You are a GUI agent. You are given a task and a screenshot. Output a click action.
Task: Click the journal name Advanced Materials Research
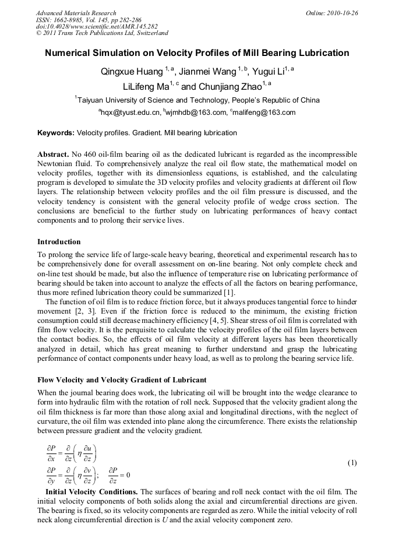(x=76, y=13)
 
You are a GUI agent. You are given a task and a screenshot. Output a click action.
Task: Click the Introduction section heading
(x=59, y=241)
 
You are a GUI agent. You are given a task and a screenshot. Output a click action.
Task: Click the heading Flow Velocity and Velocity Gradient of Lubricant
(x=122, y=380)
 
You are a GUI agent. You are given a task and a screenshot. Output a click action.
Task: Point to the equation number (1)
(x=352, y=463)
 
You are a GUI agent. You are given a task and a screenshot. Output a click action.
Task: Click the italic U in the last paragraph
(x=143, y=519)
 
